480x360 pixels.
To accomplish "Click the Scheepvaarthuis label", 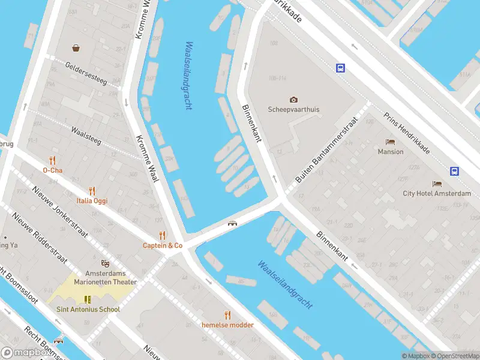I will (x=293, y=110).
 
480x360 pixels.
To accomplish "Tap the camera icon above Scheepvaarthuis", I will (x=293, y=100).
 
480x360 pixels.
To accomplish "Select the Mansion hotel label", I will (x=391, y=152).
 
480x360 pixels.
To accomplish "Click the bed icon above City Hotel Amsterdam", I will (x=437, y=184).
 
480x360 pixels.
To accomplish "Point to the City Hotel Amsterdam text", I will (x=437, y=193).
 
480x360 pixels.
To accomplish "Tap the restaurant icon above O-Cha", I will (x=53, y=160).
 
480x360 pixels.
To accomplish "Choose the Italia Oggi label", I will (x=92, y=200).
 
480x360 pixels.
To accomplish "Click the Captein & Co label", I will (x=162, y=245).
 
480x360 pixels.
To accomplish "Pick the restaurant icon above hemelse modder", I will (x=227, y=314).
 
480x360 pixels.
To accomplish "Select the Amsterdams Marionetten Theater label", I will (x=106, y=277).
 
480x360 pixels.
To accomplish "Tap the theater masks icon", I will (x=106, y=263).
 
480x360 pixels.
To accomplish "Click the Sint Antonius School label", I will (x=88, y=309).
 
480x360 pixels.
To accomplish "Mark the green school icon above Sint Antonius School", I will (x=88, y=299).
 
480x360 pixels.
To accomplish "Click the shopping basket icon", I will (x=76, y=48).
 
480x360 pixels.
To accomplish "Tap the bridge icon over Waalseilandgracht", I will (x=232, y=224).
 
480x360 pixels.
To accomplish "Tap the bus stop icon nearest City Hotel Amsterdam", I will (x=455, y=171).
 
